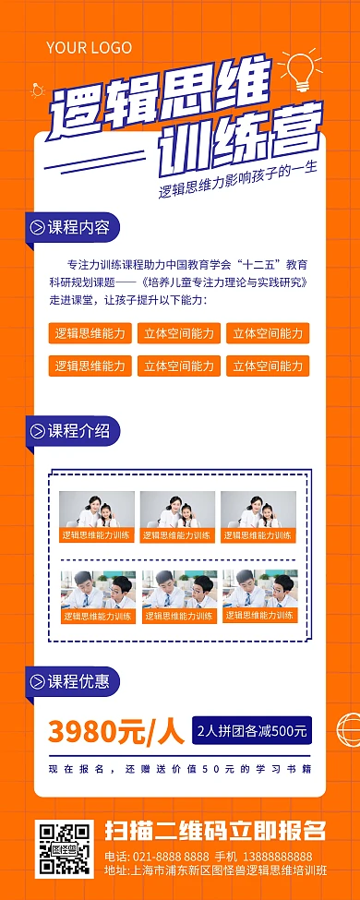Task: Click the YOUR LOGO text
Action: [x=89, y=47]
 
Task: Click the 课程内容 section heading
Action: [x=78, y=227]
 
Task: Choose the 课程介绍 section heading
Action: [x=78, y=430]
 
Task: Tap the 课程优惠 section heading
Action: [x=78, y=682]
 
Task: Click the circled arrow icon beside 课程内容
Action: [x=37, y=227]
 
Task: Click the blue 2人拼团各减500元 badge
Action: [x=251, y=731]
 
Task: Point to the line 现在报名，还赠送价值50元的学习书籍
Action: [x=180, y=768]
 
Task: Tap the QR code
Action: [x=64, y=848]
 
